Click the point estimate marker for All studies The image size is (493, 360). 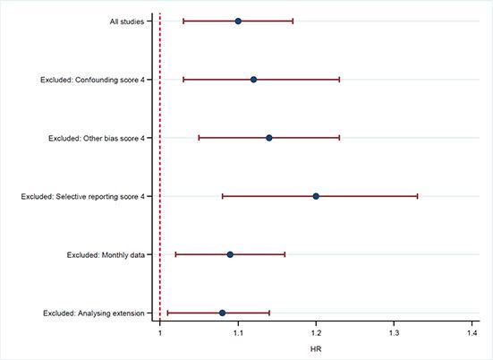point(238,21)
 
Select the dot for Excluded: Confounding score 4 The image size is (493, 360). point(253,80)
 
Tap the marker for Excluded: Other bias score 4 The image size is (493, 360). point(269,138)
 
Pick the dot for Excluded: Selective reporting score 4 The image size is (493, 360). point(316,196)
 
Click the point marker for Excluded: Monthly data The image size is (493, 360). point(230,254)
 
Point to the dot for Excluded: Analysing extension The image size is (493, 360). point(222,313)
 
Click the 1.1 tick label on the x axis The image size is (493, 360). point(238,333)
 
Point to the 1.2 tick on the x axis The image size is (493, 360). point(316,333)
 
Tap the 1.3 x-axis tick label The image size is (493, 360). point(394,333)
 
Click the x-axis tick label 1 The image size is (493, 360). point(160,333)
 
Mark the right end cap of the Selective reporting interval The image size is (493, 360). point(417,196)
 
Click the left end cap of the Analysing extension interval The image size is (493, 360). point(168,313)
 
